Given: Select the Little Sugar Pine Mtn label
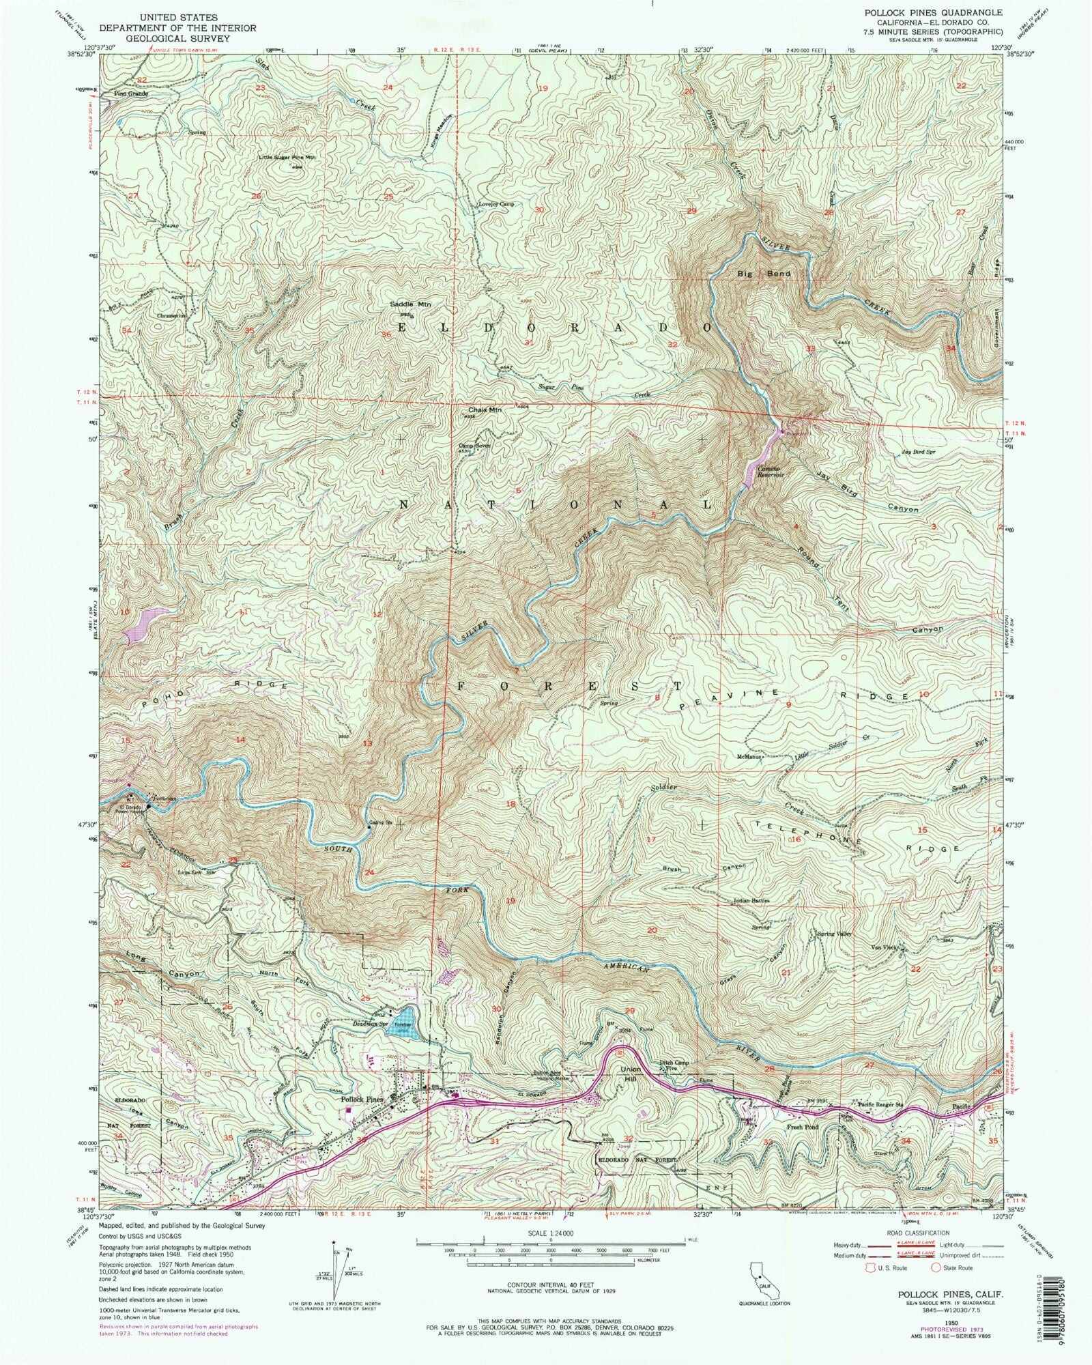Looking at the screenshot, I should (287, 158).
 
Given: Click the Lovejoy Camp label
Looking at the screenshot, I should (495, 203).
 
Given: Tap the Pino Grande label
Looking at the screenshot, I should (131, 94).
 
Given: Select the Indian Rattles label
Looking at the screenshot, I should (751, 900).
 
